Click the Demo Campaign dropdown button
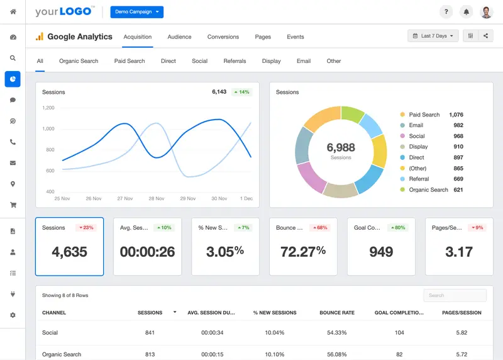[x=136, y=12]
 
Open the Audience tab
[x=179, y=37]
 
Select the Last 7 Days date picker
[x=433, y=36]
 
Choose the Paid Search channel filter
[x=130, y=61]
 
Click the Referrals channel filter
[x=235, y=61]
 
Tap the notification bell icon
[x=466, y=12]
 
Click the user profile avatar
[x=486, y=12]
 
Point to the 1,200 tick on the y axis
[x=48, y=108]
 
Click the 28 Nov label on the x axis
[x=156, y=198]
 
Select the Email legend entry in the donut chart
[x=416, y=125]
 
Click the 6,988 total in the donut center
[x=341, y=147]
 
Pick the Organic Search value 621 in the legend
[x=458, y=189]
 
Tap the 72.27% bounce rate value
[x=303, y=252]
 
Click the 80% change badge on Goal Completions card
[x=397, y=227]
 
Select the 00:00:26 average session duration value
[x=147, y=252]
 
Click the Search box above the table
[x=455, y=295]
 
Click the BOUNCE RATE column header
[x=337, y=312]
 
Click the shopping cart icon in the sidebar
[x=13, y=205]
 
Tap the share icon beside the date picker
[x=486, y=36]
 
